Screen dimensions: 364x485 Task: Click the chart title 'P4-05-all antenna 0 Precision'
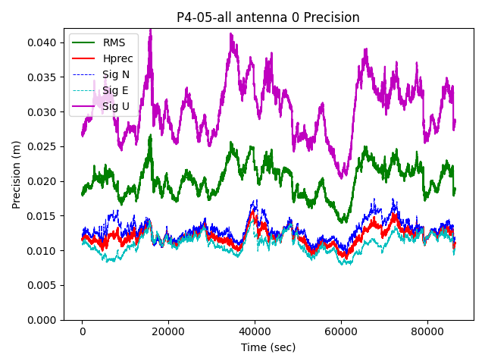pyautogui.click(x=268, y=17)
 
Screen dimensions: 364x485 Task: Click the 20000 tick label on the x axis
pyautogui.click(x=168, y=331)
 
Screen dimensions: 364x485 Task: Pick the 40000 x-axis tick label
pyautogui.click(x=255, y=331)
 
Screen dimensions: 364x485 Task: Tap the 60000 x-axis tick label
pyautogui.click(x=340, y=331)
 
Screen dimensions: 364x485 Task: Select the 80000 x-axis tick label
pyautogui.click(x=427, y=331)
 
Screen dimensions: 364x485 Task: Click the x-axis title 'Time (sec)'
pyautogui.click(x=268, y=347)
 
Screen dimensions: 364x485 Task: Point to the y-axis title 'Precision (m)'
pyautogui.click(x=16, y=174)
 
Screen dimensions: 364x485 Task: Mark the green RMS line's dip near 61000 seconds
pyautogui.click(x=344, y=221)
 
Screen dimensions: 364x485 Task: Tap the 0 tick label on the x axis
pyautogui.click(x=83, y=331)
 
